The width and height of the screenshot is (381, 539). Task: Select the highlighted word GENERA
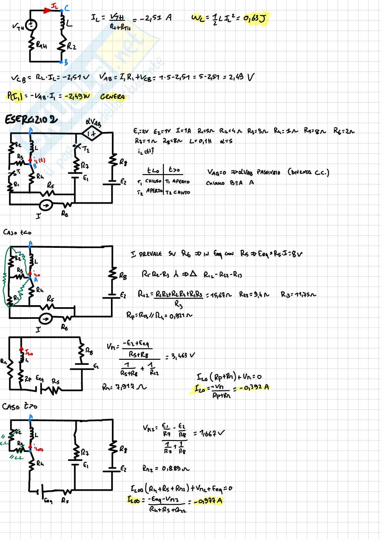click(112, 97)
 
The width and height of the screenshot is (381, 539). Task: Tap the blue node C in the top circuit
click(62, 10)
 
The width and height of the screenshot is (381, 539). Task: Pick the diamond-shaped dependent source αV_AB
click(91, 133)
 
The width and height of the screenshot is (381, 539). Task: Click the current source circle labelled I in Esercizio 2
click(45, 205)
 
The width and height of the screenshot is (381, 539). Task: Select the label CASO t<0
click(17, 232)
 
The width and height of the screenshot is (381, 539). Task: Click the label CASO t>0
click(19, 406)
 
